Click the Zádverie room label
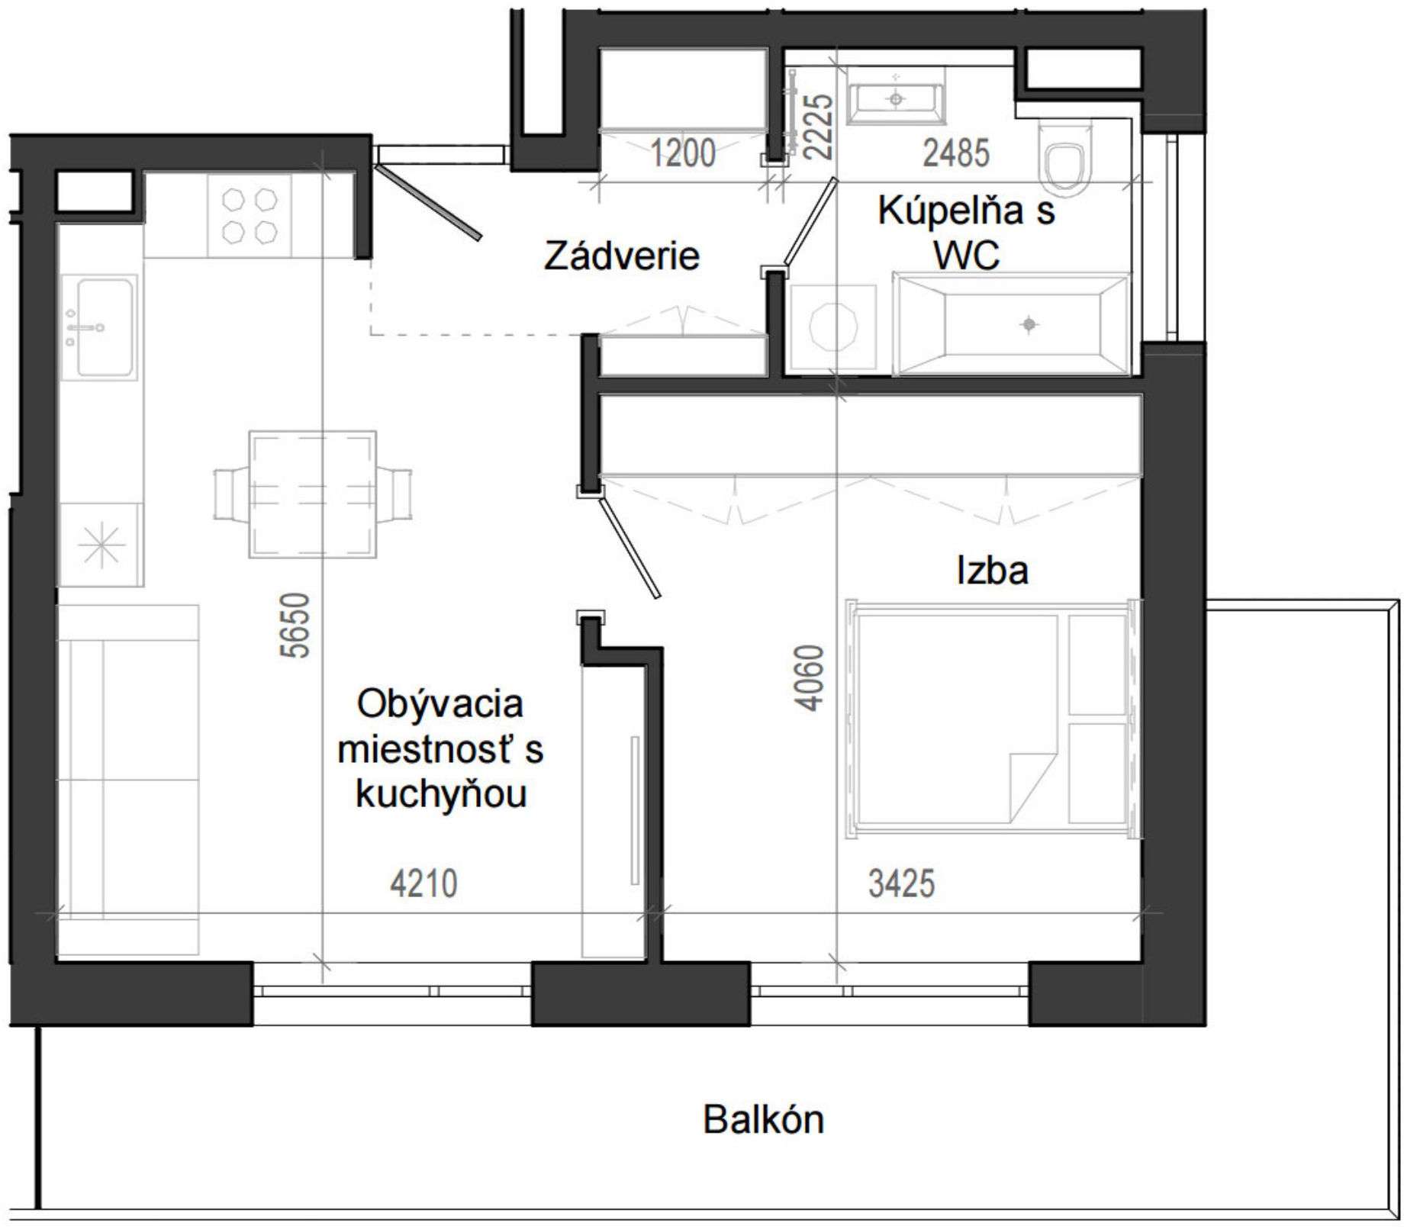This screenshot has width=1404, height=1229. point(621,256)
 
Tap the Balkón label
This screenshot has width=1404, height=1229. point(763,1120)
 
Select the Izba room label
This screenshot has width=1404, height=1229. point(992,571)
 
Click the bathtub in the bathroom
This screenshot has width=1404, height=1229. point(1012,325)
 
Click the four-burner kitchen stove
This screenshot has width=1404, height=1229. point(249,216)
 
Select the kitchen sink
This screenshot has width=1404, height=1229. point(100,328)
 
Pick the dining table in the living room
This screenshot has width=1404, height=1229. point(313,494)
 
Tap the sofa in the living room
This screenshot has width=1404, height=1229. point(128,780)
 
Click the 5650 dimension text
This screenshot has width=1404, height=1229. point(295,626)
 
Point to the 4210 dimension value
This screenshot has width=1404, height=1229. point(423,884)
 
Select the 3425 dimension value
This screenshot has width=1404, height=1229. point(901,884)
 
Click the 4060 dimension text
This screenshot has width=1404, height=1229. point(809,678)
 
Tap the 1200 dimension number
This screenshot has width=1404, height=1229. point(682,153)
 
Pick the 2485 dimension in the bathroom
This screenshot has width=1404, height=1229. point(956,153)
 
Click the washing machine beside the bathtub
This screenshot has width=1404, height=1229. point(833,329)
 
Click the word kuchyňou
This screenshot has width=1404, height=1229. point(441,794)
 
